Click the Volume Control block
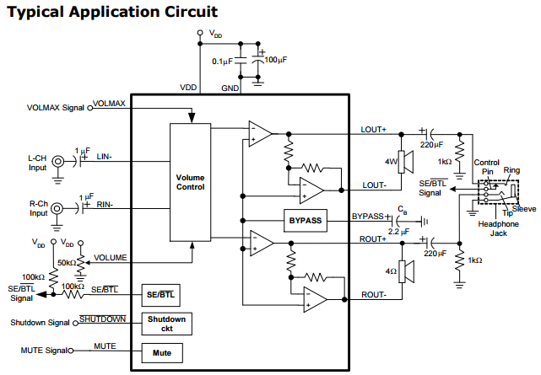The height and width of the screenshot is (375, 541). point(190,182)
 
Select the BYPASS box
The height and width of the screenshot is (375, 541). point(306,221)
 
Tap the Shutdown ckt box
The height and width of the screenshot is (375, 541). point(166,324)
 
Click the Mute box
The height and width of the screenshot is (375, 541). point(162,352)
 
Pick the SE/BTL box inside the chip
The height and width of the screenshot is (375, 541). point(162,295)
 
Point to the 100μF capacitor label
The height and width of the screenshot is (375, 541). point(275,60)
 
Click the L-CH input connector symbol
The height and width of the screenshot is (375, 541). point(58,161)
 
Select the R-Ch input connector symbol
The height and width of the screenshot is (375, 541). point(58,208)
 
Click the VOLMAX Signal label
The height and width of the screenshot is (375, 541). point(57,107)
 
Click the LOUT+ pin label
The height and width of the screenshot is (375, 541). point(373,129)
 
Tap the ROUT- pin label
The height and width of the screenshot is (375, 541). point(374,294)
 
